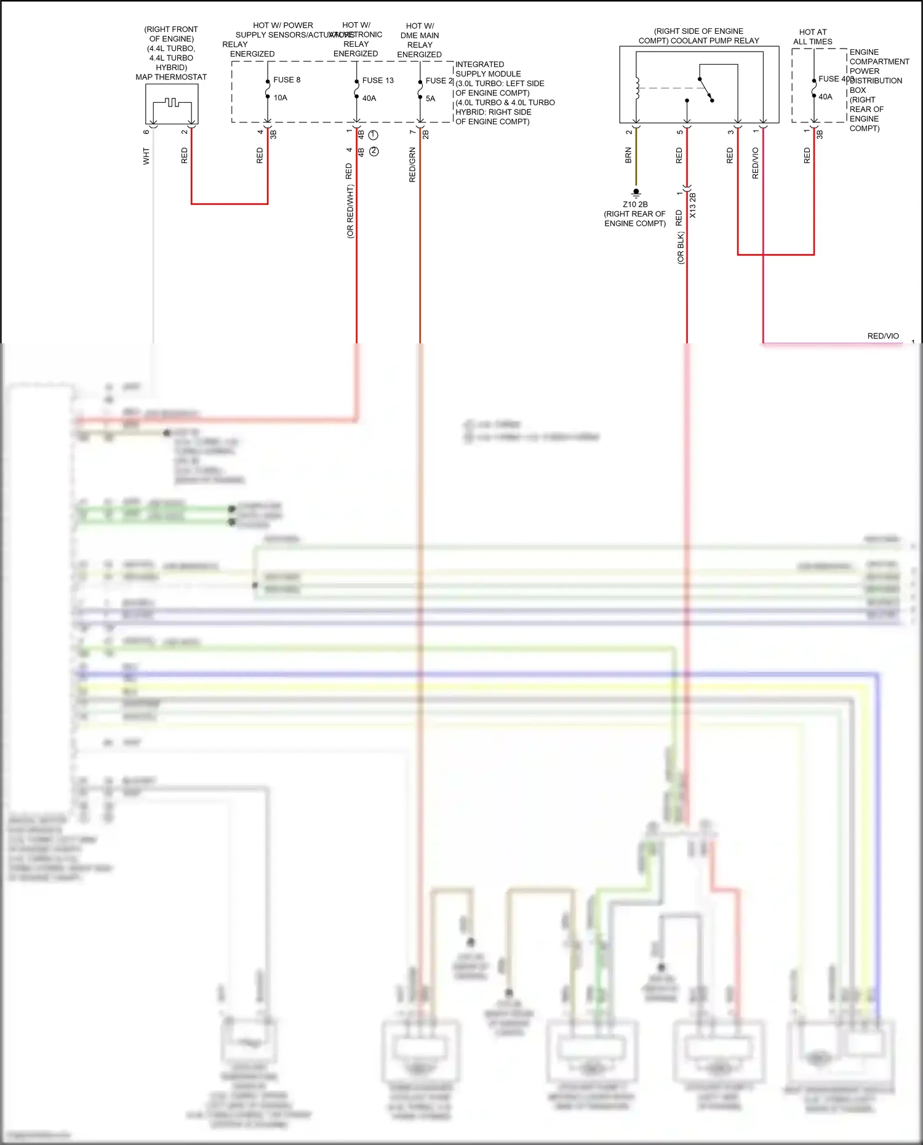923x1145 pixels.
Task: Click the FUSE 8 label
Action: pyautogui.click(x=287, y=80)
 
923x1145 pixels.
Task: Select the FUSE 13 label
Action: pyautogui.click(x=377, y=81)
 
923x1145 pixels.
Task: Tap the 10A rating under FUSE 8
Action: pyautogui.click(x=281, y=98)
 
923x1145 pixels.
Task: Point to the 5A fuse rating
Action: pyautogui.click(x=430, y=98)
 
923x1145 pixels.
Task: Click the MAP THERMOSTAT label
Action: pyautogui.click(x=171, y=77)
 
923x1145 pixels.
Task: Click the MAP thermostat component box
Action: pyautogui.click(x=172, y=104)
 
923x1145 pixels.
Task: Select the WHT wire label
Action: pyautogui.click(x=146, y=156)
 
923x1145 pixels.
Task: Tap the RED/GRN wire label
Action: pyautogui.click(x=412, y=165)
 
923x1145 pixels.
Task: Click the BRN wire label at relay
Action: pyautogui.click(x=628, y=155)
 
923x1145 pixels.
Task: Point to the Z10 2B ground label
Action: pyautogui.click(x=635, y=204)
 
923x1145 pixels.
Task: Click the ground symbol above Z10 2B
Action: pyautogui.click(x=636, y=193)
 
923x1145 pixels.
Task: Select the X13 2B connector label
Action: pyautogui.click(x=693, y=205)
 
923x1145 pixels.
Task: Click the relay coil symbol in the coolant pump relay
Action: pyautogui.click(x=637, y=88)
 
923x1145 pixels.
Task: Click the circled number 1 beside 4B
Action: pyautogui.click(x=374, y=135)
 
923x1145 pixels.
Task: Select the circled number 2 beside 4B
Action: pyautogui.click(x=374, y=151)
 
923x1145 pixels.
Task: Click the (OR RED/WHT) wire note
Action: pyautogui.click(x=350, y=211)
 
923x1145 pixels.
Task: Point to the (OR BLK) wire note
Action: pyautogui.click(x=680, y=248)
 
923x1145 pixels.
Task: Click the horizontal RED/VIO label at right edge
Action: pyautogui.click(x=882, y=336)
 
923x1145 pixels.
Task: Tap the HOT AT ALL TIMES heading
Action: pyautogui.click(x=812, y=37)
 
